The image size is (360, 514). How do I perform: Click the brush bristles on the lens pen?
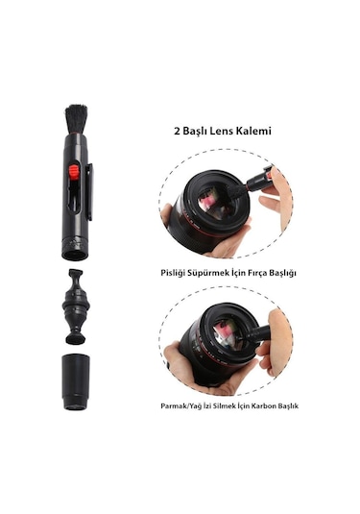pos(76,119)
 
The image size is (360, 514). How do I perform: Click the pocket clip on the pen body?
pos(88,192)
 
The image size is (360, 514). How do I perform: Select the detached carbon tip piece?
pos(76,306)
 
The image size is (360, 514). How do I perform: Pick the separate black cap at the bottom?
pos(76,381)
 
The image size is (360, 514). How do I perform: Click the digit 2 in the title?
pos(177,131)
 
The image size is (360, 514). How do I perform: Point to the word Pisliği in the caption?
pos(174,274)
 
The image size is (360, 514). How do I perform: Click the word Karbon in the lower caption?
pos(264,405)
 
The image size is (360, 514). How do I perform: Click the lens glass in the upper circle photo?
pos(217,204)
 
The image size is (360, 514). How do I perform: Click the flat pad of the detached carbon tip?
pos(76,338)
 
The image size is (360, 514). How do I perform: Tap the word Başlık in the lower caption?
pos(288,405)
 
